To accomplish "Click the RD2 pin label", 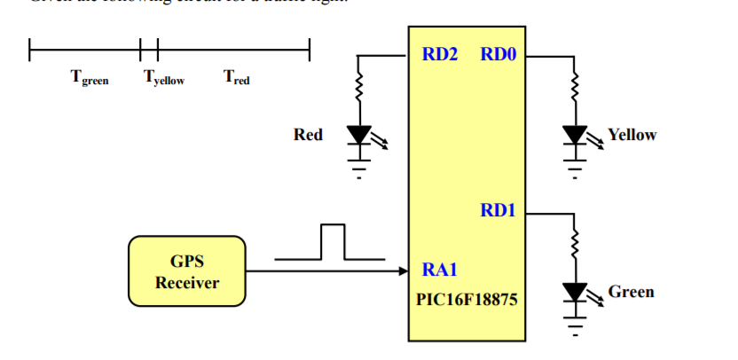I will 440,55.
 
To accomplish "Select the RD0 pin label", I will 498,55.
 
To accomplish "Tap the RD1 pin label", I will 498,211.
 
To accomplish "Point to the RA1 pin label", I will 440,269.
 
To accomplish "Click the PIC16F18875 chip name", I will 467,300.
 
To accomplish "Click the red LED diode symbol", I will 359,135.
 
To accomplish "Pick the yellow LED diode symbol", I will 575,135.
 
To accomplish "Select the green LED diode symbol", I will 575,292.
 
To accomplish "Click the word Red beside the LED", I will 308,135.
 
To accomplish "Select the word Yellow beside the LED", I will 632,135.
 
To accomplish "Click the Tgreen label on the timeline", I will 90,78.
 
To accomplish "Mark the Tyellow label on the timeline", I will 164,78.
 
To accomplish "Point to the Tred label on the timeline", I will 237,78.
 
